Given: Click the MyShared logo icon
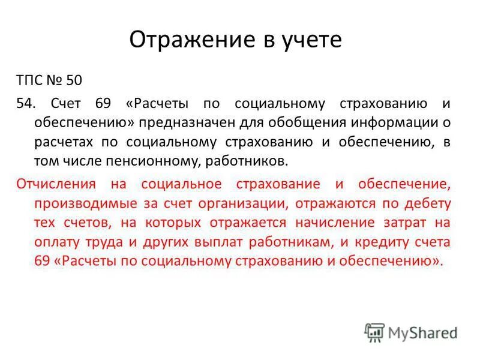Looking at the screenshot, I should pos(374,332).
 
